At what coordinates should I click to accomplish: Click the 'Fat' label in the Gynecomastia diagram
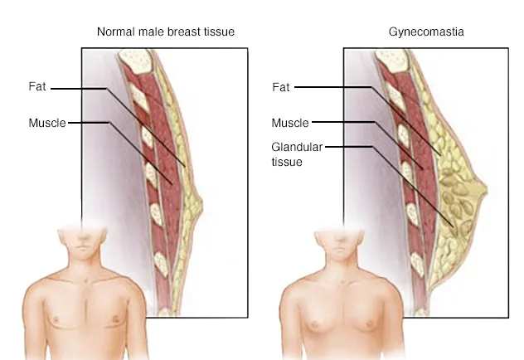[281, 86]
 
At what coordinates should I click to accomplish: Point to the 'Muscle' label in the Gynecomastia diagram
[289, 123]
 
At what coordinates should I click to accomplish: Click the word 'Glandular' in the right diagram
[296, 147]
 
